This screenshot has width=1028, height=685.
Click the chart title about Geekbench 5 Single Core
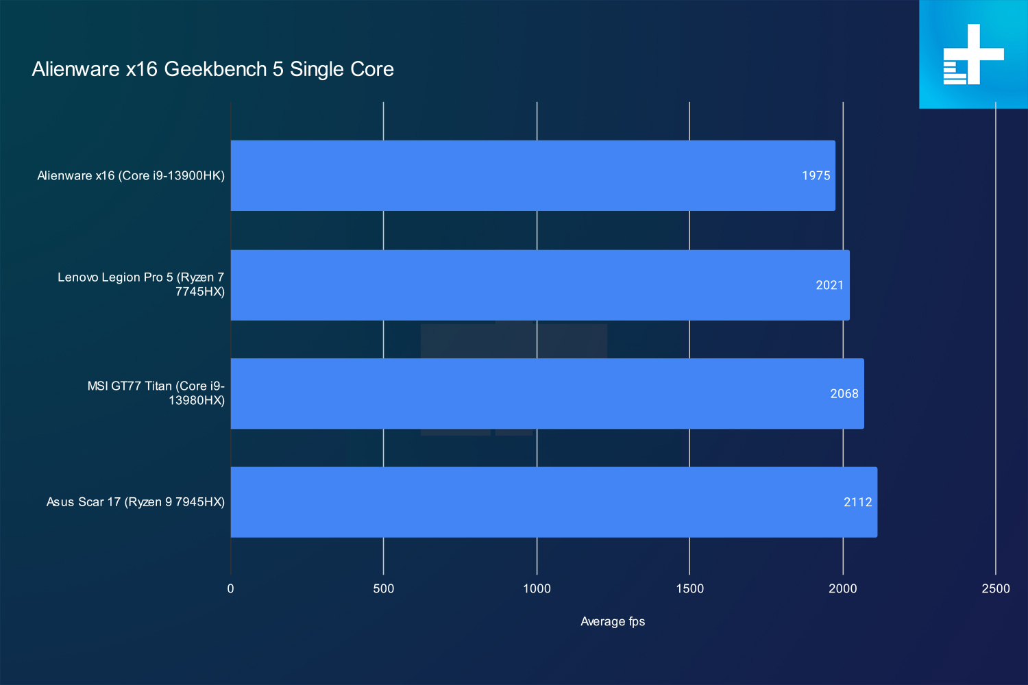pyautogui.click(x=212, y=69)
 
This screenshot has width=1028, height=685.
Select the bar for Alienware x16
pyautogui.click(x=533, y=176)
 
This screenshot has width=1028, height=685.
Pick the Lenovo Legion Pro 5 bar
pyautogui.click(x=540, y=285)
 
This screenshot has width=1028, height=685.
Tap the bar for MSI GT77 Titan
pyautogui.click(x=547, y=394)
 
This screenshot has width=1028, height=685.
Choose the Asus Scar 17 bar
pyautogui.click(x=554, y=502)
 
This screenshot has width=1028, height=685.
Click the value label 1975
pyautogui.click(x=816, y=176)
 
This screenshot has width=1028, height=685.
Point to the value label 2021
pyautogui.click(x=830, y=286)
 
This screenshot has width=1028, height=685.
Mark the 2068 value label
pyautogui.click(x=844, y=394)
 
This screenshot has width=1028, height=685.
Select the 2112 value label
pyautogui.click(x=858, y=502)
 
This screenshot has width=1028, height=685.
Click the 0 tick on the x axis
pyautogui.click(x=230, y=588)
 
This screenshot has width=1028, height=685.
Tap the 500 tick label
pyautogui.click(x=384, y=588)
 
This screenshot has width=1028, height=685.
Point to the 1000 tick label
pyautogui.click(x=537, y=588)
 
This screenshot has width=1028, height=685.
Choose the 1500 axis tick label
pyautogui.click(x=689, y=588)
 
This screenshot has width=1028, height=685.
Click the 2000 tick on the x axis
pyautogui.click(x=842, y=588)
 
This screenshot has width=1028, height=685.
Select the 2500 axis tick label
pyautogui.click(x=996, y=588)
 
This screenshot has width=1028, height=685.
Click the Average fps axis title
pyautogui.click(x=613, y=622)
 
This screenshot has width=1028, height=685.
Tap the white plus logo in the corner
pyautogui.click(x=973, y=54)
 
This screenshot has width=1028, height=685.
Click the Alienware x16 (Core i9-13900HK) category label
pyautogui.click(x=131, y=176)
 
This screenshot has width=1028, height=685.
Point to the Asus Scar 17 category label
pyautogui.click(x=136, y=502)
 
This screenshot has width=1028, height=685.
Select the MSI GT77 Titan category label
pyautogui.click(x=156, y=393)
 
